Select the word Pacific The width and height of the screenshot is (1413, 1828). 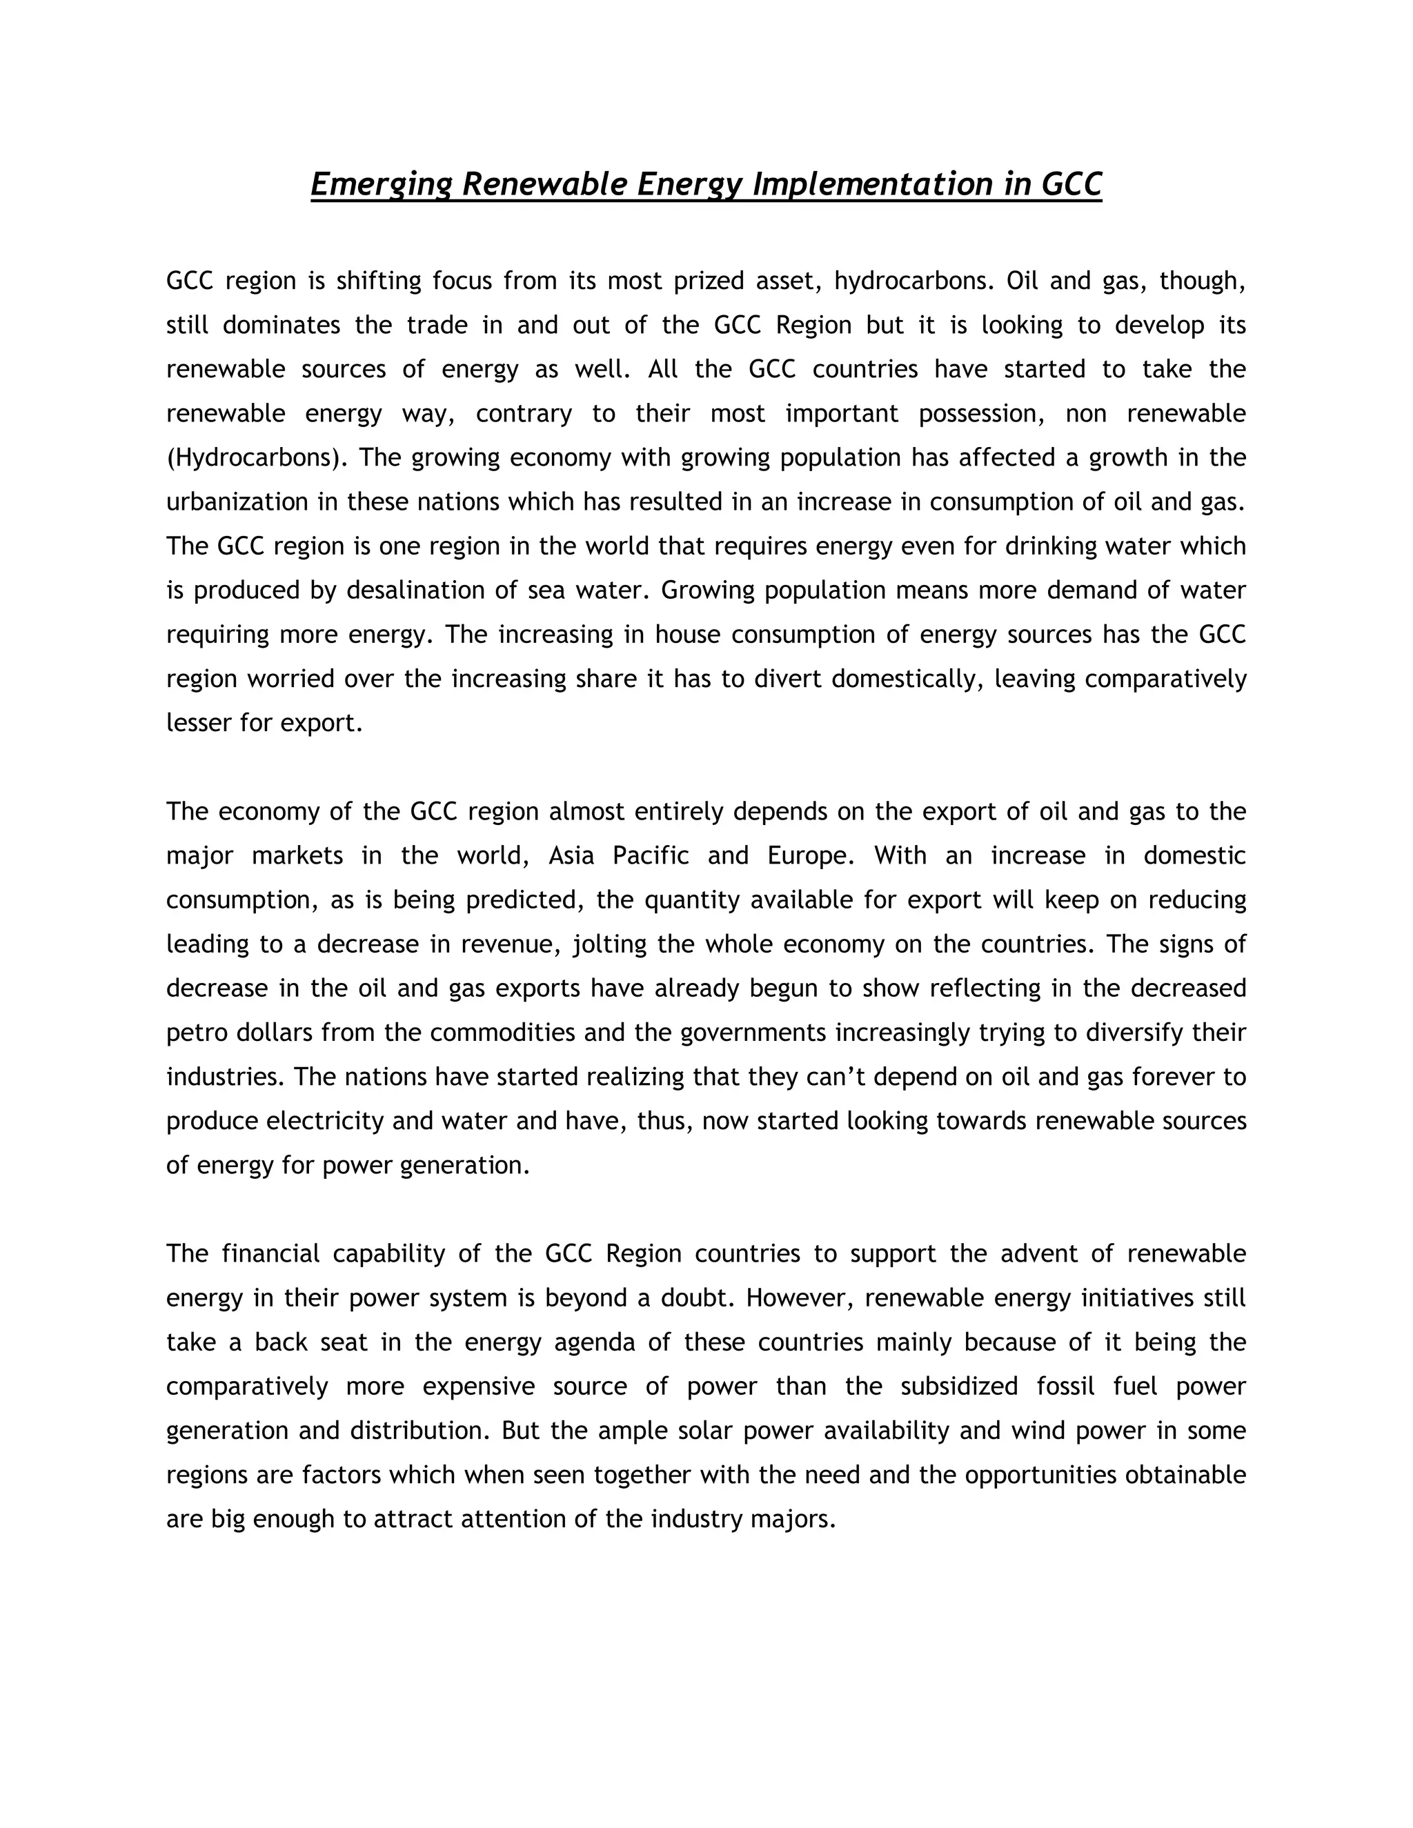651,856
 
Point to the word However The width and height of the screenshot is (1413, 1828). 798,1298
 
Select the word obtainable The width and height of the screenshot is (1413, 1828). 1185,1475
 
